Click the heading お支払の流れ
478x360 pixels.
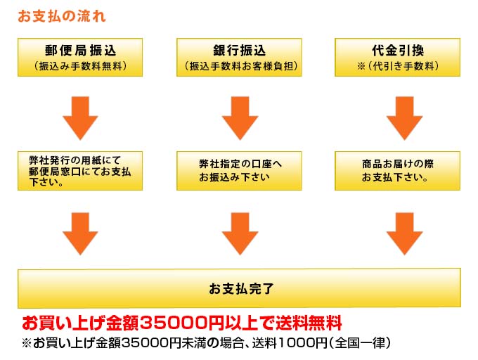[62, 16]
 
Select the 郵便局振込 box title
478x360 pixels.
[80, 51]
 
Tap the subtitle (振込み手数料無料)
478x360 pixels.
[80, 66]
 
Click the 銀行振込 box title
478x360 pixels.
[239, 51]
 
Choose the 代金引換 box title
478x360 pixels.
[398, 51]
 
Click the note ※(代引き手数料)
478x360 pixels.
[398, 66]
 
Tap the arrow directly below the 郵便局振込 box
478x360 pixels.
[80, 118]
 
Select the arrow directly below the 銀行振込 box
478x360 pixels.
[240, 118]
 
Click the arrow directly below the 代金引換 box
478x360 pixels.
[404, 118]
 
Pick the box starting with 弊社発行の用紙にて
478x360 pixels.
[80, 171]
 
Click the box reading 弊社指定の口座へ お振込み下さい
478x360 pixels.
[239, 171]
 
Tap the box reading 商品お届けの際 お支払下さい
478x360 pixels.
[398, 171]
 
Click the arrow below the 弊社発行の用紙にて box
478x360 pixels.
[80, 234]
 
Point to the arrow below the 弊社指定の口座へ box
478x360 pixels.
[240, 234]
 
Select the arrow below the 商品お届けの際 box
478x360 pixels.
[404, 234]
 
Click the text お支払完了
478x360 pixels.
[241, 288]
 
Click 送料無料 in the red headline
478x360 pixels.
[309, 323]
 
